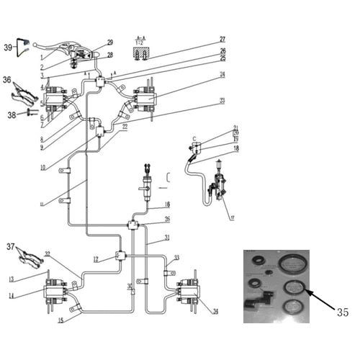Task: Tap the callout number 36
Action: click(7, 80)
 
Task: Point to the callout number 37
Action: click(9, 247)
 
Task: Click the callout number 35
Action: click(342, 312)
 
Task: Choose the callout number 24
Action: click(222, 74)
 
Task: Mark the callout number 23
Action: click(222, 100)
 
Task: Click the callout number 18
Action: click(235, 148)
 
